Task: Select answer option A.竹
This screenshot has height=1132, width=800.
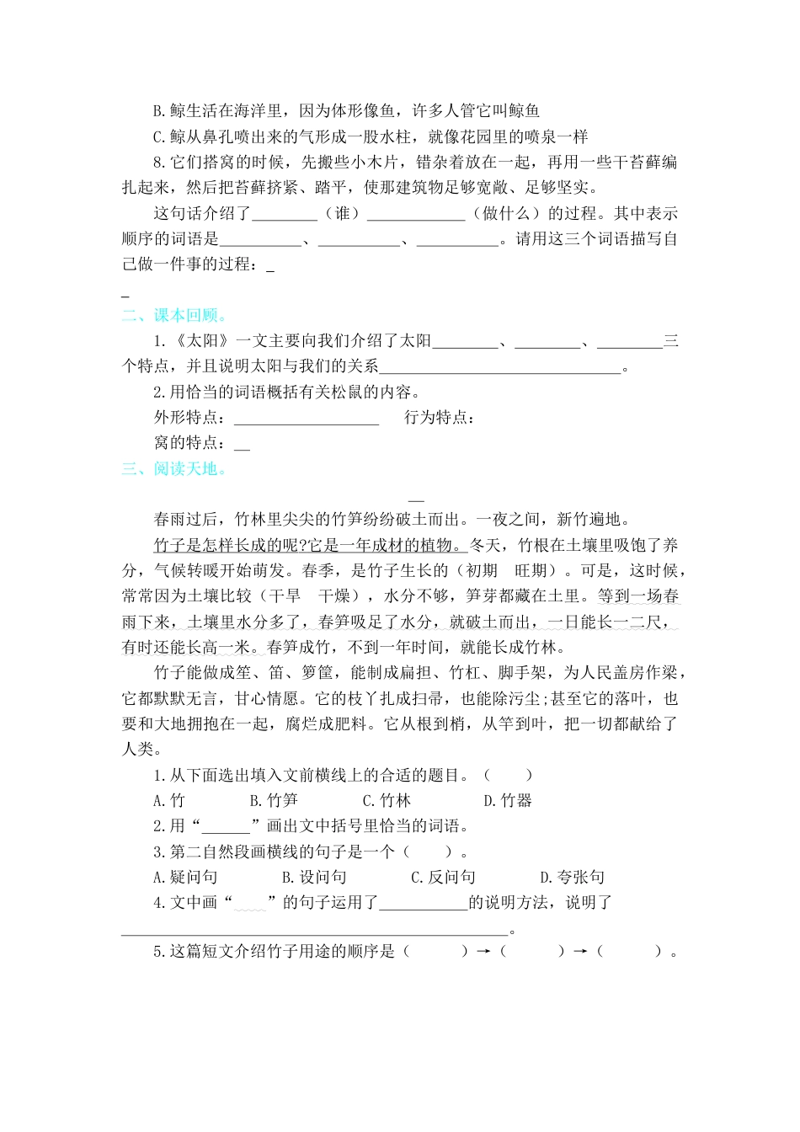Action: click(168, 800)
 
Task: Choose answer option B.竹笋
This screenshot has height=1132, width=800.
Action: click(274, 800)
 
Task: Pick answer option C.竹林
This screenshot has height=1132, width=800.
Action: click(387, 800)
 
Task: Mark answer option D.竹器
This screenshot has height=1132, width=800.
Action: click(508, 800)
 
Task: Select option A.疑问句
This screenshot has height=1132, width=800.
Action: click(185, 877)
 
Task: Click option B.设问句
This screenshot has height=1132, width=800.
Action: click(314, 877)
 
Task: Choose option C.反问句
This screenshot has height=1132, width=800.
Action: click(443, 877)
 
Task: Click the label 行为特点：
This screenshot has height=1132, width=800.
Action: click(440, 418)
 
